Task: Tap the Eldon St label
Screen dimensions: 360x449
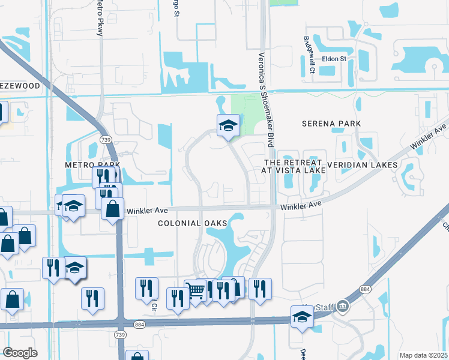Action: [334, 59]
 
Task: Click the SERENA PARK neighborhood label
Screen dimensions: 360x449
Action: [331, 124]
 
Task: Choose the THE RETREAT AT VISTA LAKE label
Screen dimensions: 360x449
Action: [294, 166]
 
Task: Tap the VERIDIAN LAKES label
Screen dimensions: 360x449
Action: [362, 164]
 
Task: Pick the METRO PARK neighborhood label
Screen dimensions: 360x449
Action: [93, 164]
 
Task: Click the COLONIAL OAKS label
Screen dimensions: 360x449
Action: [193, 223]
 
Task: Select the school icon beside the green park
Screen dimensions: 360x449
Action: [228, 125]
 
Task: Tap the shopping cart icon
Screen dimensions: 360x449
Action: [196, 292]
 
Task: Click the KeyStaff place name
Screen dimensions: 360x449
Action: [322, 307]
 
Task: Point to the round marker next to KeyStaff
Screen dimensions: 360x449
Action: [342, 306]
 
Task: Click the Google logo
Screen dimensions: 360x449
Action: [19, 353]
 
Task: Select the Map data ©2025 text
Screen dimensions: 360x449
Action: [423, 355]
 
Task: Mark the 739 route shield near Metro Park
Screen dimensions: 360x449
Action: [105, 140]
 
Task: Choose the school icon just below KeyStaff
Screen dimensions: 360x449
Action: [302, 317]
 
